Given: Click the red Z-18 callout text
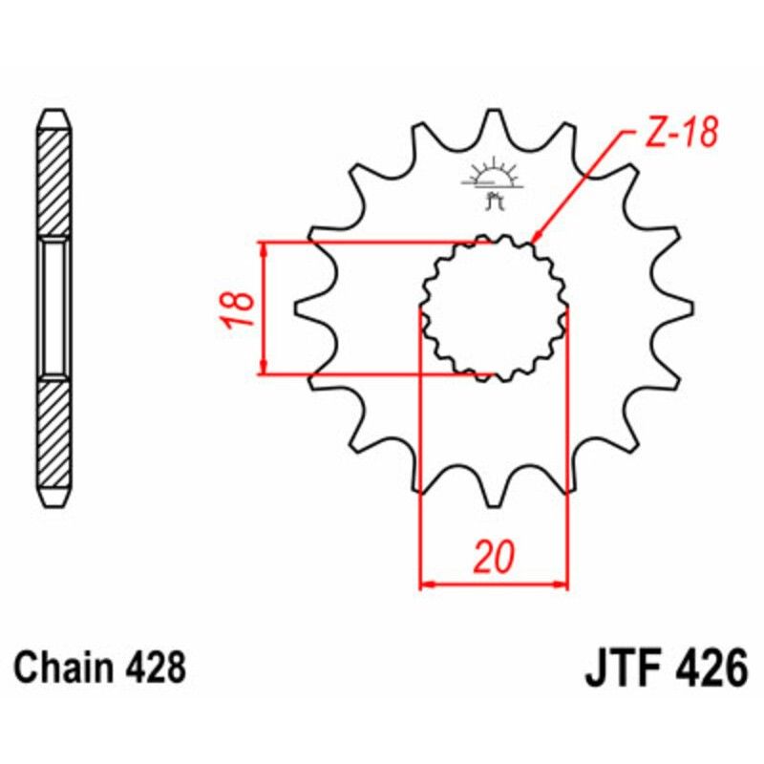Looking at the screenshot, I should (x=681, y=135).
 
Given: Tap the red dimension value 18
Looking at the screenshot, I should (x=240, y=308).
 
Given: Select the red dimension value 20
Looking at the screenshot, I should (x=494, y=557).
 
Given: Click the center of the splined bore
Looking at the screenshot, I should (x=494, y=308).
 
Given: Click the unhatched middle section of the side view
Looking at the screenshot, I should (x=54, y=308).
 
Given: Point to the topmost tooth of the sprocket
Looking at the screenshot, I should (x=494, y=119).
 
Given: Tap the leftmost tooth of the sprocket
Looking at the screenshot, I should (x=304, y=308).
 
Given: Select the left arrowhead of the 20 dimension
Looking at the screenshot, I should (x=427, y=583).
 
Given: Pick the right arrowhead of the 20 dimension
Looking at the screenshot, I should (x=562, y=583).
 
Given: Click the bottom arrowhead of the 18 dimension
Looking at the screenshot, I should (x=263, y=367).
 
